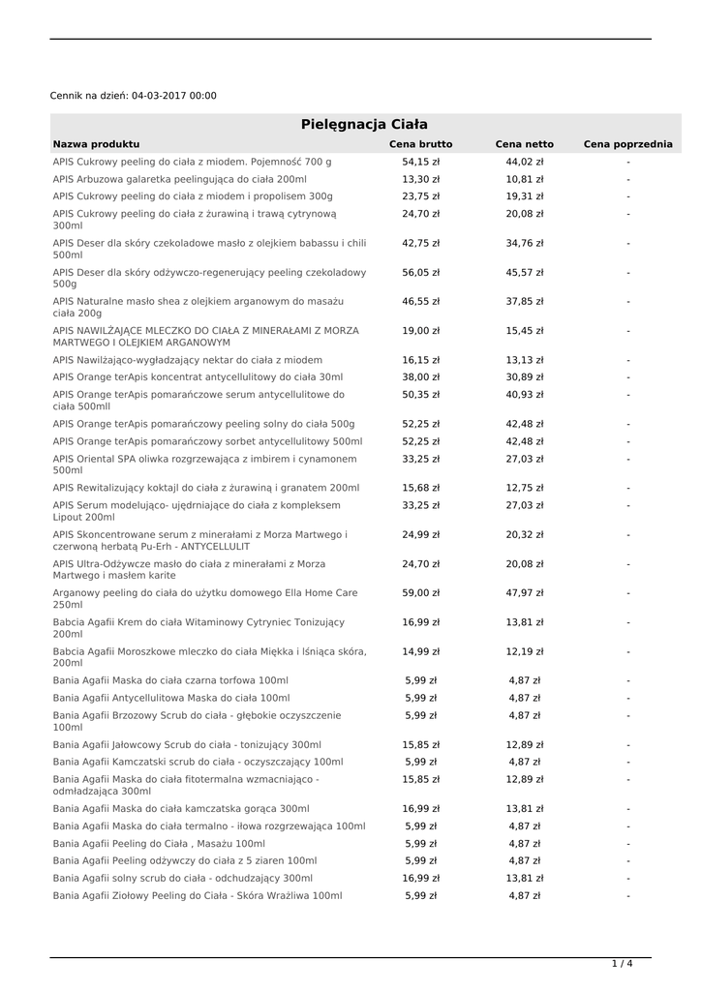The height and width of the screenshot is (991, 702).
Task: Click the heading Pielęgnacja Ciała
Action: (x=364, y=125)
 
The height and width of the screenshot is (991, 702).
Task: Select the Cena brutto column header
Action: (x=420, y=144)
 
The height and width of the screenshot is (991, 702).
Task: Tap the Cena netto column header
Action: (x=524, y=144)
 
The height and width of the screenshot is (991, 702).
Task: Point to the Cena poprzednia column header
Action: (x=627, y=144)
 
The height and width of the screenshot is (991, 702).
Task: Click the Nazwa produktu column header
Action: (x=96, y=144)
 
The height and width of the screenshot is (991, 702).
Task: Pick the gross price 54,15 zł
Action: (x=420, y=162)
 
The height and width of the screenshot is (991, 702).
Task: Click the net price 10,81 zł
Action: (x=524, y=179)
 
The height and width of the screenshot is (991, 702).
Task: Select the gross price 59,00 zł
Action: (x=420, y=593)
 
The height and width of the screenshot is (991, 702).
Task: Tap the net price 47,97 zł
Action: (x=524, y=593)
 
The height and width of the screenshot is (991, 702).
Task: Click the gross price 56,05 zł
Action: (x=420, y=273)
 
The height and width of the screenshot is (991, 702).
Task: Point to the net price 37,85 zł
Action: (x=524, y=302)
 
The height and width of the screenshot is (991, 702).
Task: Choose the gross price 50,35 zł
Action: (x=420, y=395)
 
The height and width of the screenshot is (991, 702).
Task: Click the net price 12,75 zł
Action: (x=524, y=488)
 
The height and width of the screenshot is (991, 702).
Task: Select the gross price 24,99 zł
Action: (x=420, y=534)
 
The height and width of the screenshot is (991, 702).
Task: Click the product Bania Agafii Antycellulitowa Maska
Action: (x=171, y=698)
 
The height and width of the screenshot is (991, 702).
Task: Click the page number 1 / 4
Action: (x=622, y=964)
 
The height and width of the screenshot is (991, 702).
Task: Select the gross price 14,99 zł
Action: (x=420, y=651)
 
